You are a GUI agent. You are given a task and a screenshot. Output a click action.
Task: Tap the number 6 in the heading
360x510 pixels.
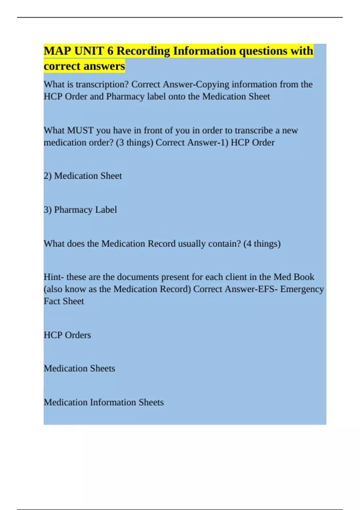(x=110, y=51)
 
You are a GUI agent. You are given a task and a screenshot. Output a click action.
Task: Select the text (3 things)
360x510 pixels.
(x=134, y=142)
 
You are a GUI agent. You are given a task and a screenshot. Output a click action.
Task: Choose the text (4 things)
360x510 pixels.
(x=262, y=244)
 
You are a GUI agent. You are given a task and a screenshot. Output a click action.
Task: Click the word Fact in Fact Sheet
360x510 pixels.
(x=52, y=301)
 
